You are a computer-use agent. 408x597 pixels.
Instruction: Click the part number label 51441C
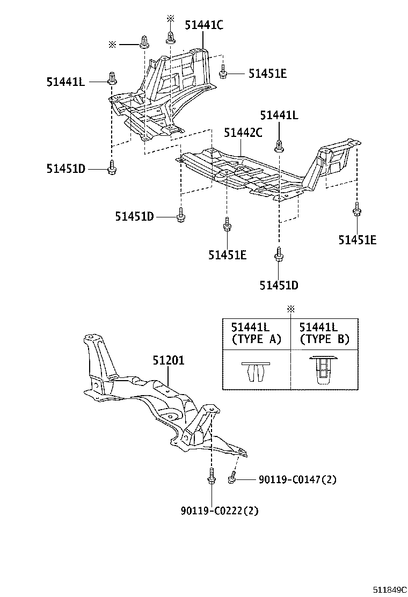tap(204, 25)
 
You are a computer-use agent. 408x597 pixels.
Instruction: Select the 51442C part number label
tap(243, 133)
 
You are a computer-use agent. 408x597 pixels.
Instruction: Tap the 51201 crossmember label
tap(167, 360)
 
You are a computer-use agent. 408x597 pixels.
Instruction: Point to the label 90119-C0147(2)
tap(297, 479)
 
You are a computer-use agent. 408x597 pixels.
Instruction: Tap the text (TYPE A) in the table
tap(256, 339)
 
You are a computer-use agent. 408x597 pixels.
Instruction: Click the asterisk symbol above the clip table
tap(290, 309)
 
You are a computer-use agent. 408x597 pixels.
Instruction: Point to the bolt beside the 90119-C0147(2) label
tap(232, 477)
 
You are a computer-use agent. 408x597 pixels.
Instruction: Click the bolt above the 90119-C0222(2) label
tap(211, 477)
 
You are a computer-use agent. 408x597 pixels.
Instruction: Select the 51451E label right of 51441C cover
tap(267, 74)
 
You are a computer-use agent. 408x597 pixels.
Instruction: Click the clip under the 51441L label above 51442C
tap(279, 144)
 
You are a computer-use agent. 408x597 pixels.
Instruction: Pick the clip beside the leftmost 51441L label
tap(112, 78)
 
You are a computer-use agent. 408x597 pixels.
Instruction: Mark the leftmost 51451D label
tap(65, 169)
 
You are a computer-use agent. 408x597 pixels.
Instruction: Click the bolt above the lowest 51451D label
tap(279, 253)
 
